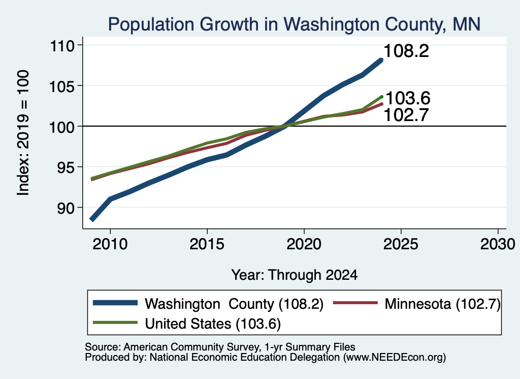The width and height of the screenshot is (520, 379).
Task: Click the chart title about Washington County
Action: point(294,24)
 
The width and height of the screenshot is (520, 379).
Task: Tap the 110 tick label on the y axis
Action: point(61,45)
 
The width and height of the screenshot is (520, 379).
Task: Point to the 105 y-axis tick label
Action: point(61,86)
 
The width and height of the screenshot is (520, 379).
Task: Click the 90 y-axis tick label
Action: point(66,208)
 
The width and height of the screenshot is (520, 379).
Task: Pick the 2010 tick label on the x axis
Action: point(110,244)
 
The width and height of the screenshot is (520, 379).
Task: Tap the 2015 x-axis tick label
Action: point(207,244)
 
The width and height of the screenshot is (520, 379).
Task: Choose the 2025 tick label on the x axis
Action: point(401,244)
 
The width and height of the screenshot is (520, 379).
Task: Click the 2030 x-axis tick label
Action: point(498,244)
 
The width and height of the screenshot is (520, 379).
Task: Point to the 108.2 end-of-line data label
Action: point(406,51)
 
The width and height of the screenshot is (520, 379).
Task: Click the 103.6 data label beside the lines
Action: point(408,98)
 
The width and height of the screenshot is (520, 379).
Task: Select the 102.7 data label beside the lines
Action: point(406,115)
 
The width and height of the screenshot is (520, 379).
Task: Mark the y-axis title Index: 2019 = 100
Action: point(23,133)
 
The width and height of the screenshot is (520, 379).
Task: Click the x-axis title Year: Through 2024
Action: point(294,275)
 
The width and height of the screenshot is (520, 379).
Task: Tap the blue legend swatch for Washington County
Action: point(115,303)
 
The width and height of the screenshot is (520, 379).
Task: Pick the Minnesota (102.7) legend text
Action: point(442,304)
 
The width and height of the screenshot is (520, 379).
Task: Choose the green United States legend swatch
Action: point(115,322)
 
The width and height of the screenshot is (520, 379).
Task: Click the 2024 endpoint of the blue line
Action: point(381,60)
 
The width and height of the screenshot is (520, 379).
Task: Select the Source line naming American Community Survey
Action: point(220,347)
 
